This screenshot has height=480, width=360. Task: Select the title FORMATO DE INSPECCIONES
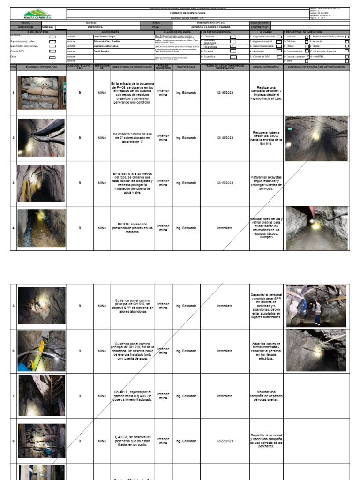pyautogui.click(x=187, y=13)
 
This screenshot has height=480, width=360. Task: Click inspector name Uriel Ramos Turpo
pyautogui.click(x=104, y=36)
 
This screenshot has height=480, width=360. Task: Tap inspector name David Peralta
pyautogui.click(x=101, y=51)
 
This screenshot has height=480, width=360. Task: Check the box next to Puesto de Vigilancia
pyautogui.click(x=347, y=51)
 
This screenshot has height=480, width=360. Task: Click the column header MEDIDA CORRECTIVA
pyautogui.click(x=266, y=67)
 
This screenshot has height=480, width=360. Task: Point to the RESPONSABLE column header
pyautogui.click(x=186, y=67)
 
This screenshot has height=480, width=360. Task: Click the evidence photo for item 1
pyautogui.click(x=42, y=93)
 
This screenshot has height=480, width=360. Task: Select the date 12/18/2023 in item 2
pyautogui.click(x=225, y=138)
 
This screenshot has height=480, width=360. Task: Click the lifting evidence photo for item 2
pyautogui.click(x=316, y=138)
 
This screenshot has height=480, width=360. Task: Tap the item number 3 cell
pyautogui.click(x=14, y=183)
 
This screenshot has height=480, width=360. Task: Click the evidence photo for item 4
pyautogui.click(x=42, y=228)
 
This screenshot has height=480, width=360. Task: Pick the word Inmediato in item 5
pyautogui.click(x=225, y=306)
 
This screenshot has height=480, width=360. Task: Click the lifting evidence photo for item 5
pyautogui.click(x=316, y=306)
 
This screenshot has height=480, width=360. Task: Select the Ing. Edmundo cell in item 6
pyautogui.click(x=186, y=351)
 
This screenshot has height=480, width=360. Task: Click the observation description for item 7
pyautogui.click(x=133, y=396)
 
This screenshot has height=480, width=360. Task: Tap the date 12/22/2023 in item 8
pyautogui.click(x=225, y=441)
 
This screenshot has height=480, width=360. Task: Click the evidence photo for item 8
pyautogui.click(x=42, y=441)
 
